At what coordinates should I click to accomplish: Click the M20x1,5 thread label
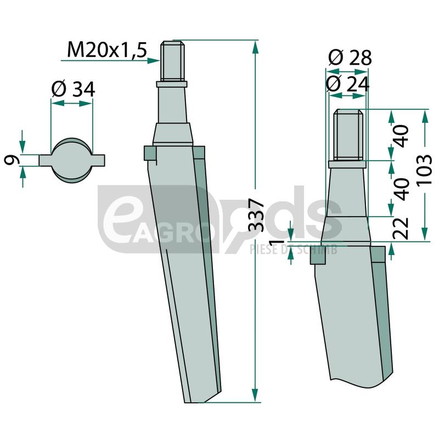coord(107,50)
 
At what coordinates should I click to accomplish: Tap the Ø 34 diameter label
coord(74,89)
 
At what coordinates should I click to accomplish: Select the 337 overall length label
coord(256,215)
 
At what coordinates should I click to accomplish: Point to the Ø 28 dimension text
coord(350,58)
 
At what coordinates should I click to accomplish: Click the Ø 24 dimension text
coord(348,84)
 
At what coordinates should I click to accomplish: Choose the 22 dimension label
coord(401,228)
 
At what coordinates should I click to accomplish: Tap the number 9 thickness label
coord(12,160)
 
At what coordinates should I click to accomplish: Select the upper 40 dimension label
coord(401,136)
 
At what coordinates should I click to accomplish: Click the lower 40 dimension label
coord(401,189)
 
